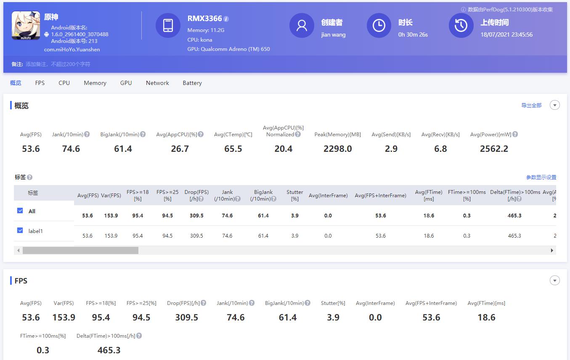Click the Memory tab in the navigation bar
(95, 83)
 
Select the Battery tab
(192, 83)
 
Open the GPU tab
(126, 83)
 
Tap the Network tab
(157, 83)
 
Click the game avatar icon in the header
(26, 26)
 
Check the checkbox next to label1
(20, 230)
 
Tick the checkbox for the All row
(20, 211)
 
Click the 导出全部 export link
(531, 106)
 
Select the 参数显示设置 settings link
(541, 177)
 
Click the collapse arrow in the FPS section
(555, 281)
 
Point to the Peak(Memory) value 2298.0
(337, 149)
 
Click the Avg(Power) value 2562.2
(494, 149)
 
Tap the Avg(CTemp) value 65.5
(233, 149)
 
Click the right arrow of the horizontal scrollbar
(552, 251)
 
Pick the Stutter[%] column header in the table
(294, 195)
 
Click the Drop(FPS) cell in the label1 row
(196, 236)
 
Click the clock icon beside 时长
(379, 26)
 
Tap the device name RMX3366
(204, 19)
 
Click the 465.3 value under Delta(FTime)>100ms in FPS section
(109, 350)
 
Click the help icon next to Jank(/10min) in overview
(87, 135)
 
